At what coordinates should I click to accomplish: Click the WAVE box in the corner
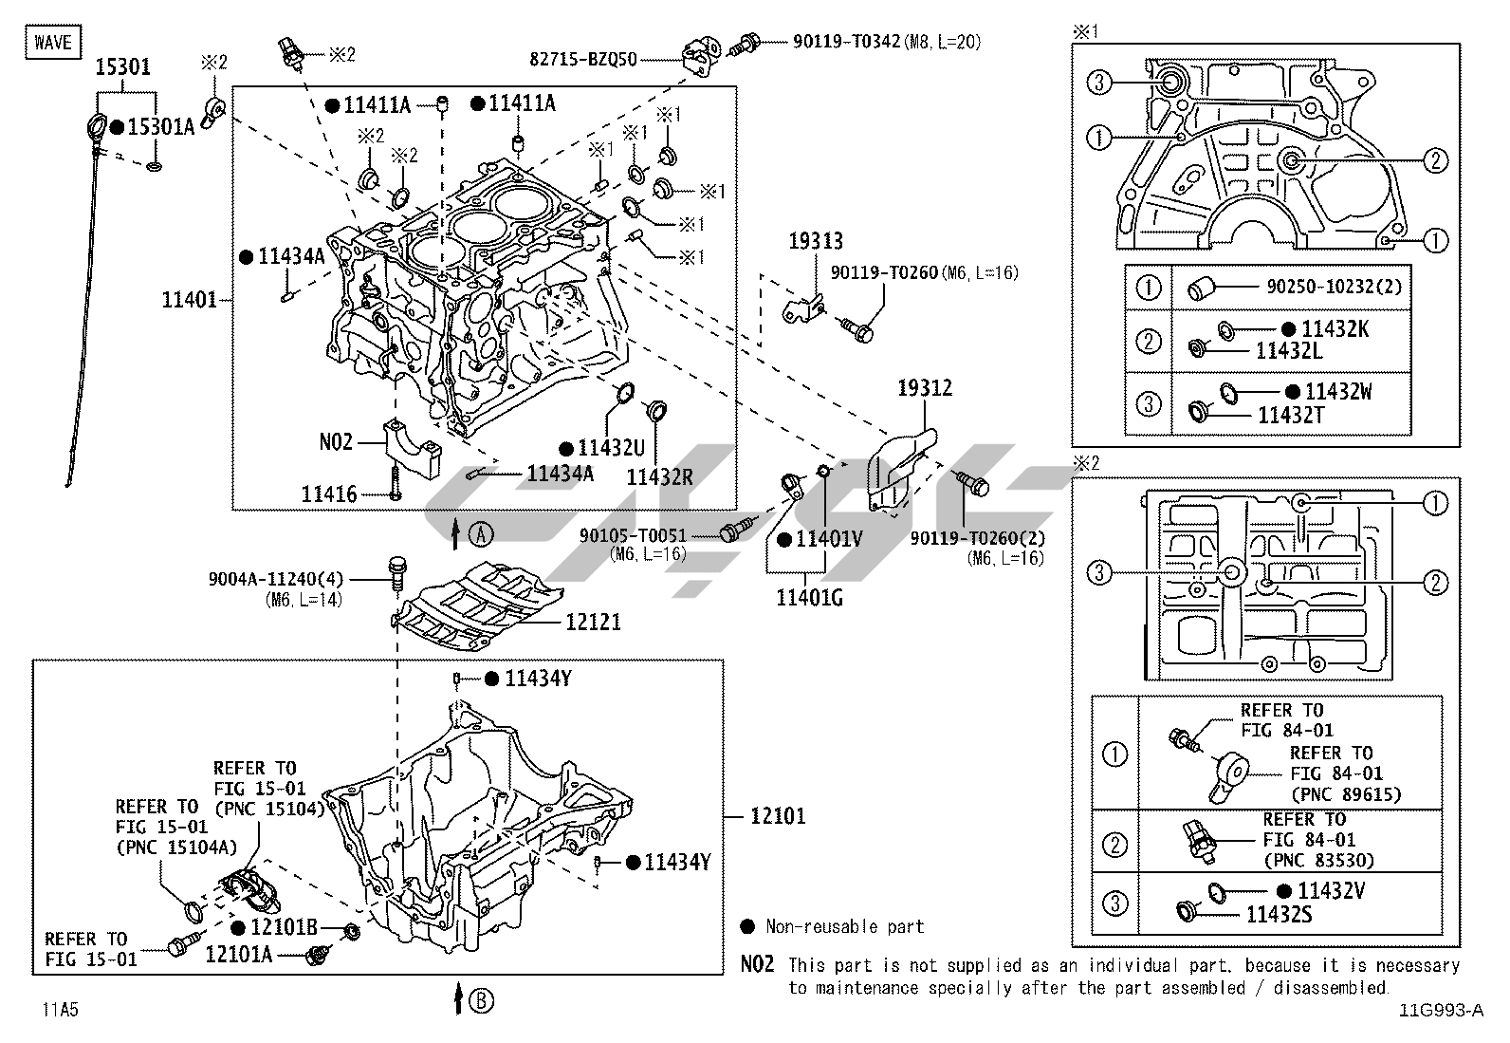[53, 43]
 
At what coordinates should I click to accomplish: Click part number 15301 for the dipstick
[122, 68]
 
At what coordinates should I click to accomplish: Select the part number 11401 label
[190, 300]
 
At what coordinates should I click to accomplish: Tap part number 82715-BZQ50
[583, 59]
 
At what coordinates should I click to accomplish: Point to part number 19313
[815, 242]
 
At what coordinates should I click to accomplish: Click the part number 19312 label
[925, 388]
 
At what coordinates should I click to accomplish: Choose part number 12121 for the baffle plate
[593, 622]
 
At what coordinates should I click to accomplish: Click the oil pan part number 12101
[778, 815]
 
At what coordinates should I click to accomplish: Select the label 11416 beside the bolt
[329, 494]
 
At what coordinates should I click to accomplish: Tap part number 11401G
[808, 597]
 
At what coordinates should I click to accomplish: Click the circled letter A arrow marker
[481, 534]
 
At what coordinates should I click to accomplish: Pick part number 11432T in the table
[1290, 415]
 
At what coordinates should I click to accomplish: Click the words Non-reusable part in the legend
[844, 927]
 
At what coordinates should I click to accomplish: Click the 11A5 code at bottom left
[59, 1010]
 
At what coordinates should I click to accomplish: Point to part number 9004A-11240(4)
[276, 579]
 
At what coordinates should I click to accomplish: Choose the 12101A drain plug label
[238, 954]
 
